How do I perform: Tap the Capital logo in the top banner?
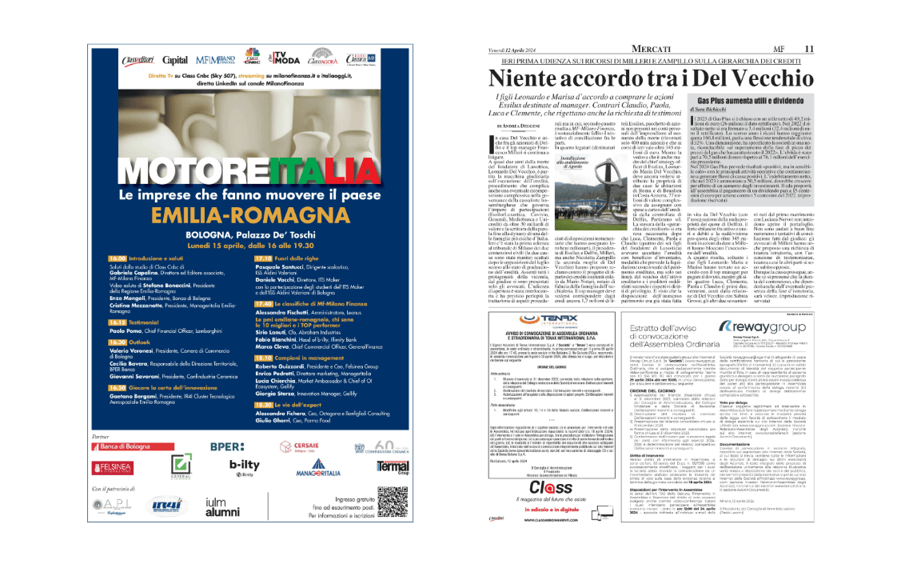pos(175,60)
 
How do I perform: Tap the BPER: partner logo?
pos(227,446)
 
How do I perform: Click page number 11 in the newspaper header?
pos(809,49)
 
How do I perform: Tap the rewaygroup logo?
pos(758,326)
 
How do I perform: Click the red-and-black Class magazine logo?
pos(549,487)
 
